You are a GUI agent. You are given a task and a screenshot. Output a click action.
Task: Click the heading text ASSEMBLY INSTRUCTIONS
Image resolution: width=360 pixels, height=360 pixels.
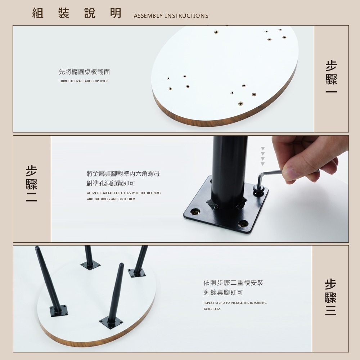[171, 16]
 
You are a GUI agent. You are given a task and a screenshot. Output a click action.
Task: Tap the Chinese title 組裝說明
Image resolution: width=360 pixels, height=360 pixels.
[77, 13]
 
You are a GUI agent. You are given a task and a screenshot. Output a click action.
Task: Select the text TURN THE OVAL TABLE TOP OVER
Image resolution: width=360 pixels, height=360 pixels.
[83, 81]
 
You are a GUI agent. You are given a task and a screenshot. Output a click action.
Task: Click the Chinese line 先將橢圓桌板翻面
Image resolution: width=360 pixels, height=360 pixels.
[84, 72]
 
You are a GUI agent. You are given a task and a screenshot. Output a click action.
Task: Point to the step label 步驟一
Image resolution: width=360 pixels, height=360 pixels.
[331, 77]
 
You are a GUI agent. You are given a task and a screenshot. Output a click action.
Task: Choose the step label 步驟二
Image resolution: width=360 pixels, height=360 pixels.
[32, 184]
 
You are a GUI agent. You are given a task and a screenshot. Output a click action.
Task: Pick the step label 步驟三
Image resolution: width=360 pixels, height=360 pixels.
[330, 297]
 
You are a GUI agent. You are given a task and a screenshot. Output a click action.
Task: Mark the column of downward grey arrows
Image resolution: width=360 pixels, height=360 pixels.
[263, 156]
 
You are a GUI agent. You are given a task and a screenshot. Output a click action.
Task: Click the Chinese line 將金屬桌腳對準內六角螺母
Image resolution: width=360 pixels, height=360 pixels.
[123, 174]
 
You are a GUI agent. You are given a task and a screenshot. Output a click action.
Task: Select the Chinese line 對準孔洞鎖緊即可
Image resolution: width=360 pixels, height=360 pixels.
[111, 184]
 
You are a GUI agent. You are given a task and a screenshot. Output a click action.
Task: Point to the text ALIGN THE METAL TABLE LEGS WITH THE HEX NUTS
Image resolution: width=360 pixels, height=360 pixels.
[124, 193]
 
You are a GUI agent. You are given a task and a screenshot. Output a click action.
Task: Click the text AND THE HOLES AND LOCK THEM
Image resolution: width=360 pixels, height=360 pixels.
[111, 199]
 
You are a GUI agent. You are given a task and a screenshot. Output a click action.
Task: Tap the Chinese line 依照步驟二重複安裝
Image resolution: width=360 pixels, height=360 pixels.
[234, 283]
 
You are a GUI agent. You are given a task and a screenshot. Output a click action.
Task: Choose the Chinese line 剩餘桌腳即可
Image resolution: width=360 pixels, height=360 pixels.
[224, 292]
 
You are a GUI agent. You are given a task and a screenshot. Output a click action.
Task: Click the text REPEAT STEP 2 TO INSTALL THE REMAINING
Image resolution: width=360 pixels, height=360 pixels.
[235, 303]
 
